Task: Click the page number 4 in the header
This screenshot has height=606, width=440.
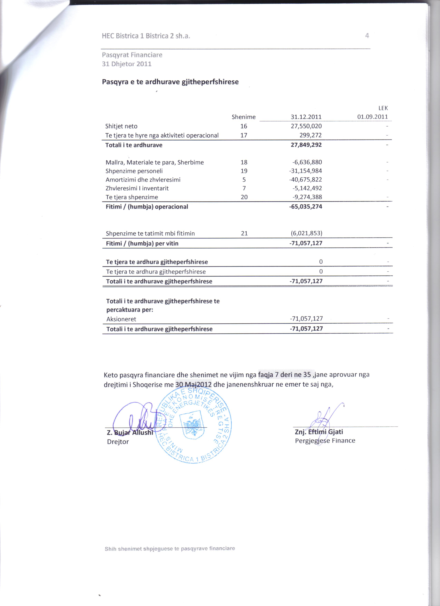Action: (x=367, y=36)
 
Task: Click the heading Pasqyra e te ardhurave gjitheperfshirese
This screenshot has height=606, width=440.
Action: (x=170, y=82)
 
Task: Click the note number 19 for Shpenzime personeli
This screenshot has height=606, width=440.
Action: (x=244, y=171)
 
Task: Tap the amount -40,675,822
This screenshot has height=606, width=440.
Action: (x=305, y=180)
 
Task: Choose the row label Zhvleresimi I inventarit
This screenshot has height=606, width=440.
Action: (x=137, y=188)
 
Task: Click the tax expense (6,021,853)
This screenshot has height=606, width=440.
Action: (x=306, y=233)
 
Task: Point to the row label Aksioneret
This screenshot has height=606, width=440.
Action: (x=121, y=319)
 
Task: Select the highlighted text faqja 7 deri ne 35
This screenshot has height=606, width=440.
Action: (x=284, y=375)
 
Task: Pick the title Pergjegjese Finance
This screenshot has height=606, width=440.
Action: (x=325, y=441)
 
